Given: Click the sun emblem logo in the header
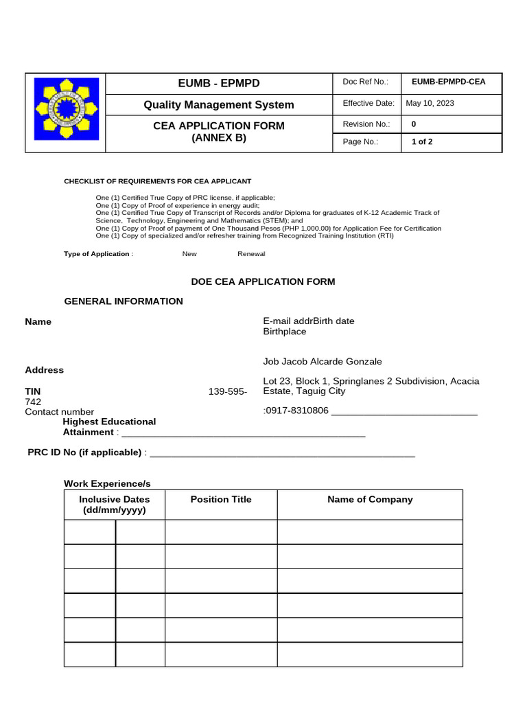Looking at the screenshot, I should [x=67, y=113].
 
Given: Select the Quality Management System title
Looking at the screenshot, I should [x=218, y=105].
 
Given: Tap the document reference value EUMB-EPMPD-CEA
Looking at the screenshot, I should [x=448, y=82].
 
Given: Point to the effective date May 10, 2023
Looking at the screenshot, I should [x=430, y=104].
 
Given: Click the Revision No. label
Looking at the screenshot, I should [x=366, y=124].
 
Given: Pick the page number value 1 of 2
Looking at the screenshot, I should [x=421, y=142].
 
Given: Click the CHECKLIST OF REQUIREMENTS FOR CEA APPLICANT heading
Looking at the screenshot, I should [x=157, y=181].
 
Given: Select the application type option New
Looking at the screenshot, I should [x=189, y=254].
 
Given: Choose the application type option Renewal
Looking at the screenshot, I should [x=251, y=254].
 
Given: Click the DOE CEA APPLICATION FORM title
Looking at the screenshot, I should [x=262, y=281].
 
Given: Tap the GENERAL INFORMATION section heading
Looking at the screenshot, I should [x=124, y=301].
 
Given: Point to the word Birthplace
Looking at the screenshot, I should [x=285, y=332].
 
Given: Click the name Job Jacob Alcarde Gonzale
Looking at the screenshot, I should [x=323, y=362].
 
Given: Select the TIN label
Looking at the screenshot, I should [x=33, y=391].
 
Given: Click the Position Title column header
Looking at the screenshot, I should [x=221, y=500].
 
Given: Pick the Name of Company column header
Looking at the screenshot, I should [x=370, y=500].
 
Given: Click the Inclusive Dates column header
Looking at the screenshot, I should [x=115, y=505].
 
